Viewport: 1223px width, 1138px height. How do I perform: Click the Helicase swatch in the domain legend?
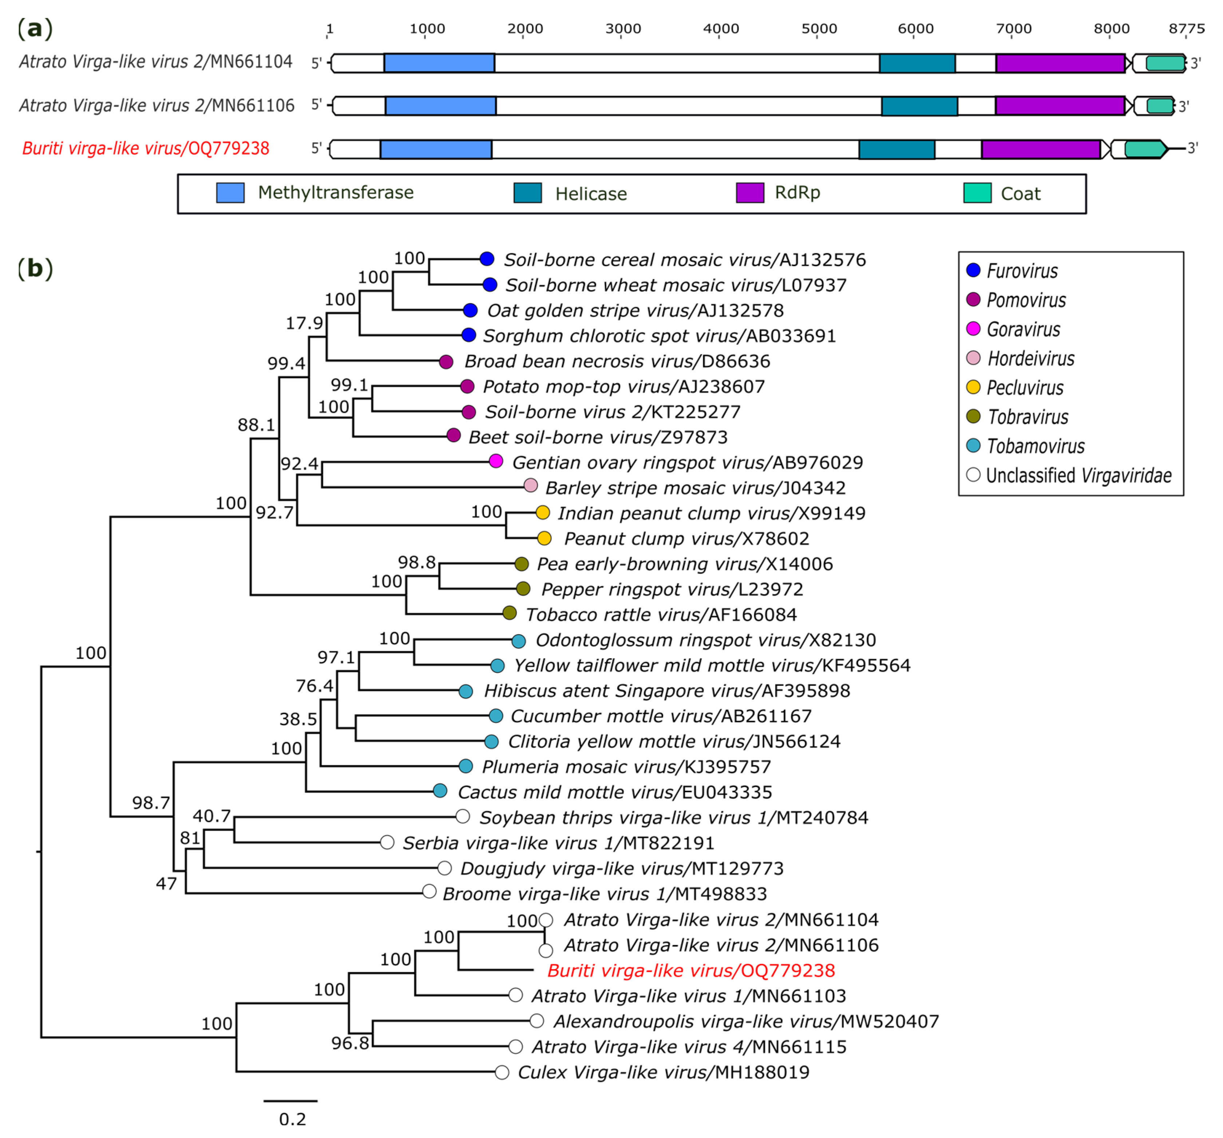[527, 193]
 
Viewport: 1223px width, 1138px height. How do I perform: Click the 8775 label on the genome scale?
[1186, 28]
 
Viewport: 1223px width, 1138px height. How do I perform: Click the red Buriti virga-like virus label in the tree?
[691, 971]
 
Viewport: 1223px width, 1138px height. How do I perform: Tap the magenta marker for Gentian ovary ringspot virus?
[496, 461]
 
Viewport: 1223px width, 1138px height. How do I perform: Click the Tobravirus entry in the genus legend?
[1028, 417]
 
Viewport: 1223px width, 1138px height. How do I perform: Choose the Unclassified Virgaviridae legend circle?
[973, 475]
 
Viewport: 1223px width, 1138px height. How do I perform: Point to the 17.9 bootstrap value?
[304, 323]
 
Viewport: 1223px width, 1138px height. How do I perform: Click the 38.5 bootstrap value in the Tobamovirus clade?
[298, 719]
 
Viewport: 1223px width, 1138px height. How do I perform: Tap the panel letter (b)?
[35, 268]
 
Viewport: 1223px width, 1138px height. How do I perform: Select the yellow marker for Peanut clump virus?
[544, 538]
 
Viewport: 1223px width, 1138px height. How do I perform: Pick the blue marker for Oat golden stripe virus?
[470, 310]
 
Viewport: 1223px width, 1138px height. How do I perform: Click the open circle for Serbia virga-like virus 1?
[387, 842]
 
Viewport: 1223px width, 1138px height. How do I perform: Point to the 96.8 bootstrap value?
[350, 1043]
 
